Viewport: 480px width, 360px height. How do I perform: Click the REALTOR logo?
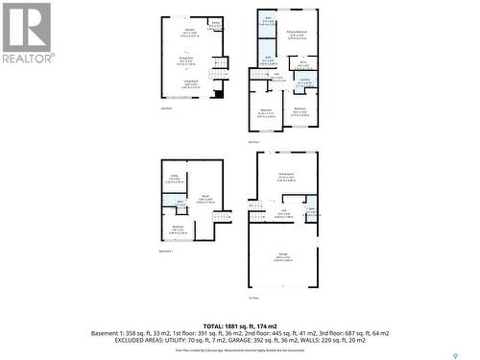point(27,34)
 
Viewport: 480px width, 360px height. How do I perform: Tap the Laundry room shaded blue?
point(304,84)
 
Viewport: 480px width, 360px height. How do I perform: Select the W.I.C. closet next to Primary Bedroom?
point(302,64)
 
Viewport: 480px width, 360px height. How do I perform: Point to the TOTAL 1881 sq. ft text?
point(240,326)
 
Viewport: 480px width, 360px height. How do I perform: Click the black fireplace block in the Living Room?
point(219,94)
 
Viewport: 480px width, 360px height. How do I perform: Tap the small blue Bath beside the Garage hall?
point(311,209)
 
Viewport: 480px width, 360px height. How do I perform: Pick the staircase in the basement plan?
point(223,215)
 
